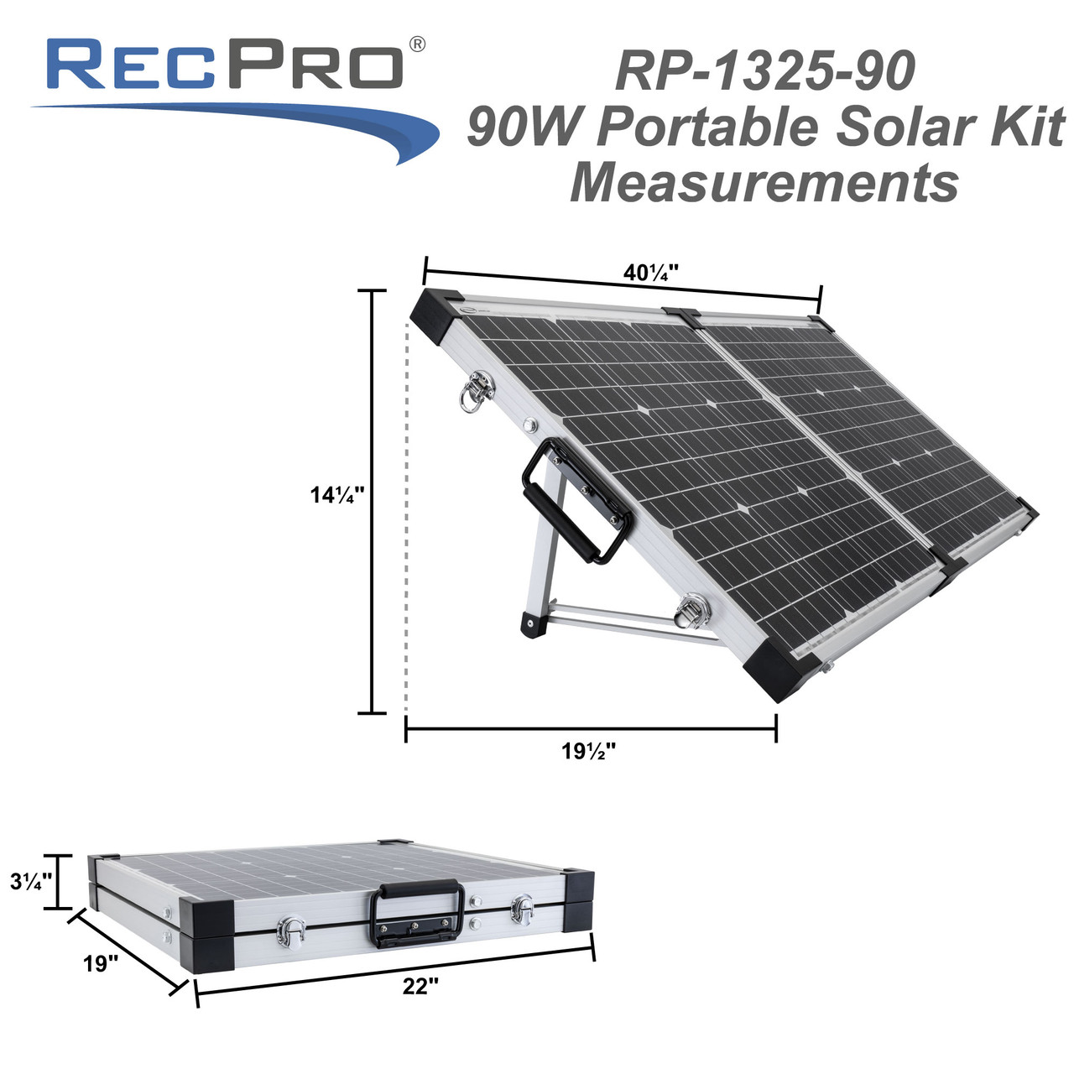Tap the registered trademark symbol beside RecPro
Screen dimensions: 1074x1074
point(415,44)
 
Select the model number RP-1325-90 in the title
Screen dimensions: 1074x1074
point(764,71)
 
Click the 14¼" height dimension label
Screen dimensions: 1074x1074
point(336,495)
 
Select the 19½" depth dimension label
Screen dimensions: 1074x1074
point(589,751)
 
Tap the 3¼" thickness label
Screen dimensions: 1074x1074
point(31,881)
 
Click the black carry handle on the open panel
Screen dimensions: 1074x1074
point(577,501)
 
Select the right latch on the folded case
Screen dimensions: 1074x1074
point(524,908)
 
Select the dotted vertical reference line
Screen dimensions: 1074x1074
point(406,520)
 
